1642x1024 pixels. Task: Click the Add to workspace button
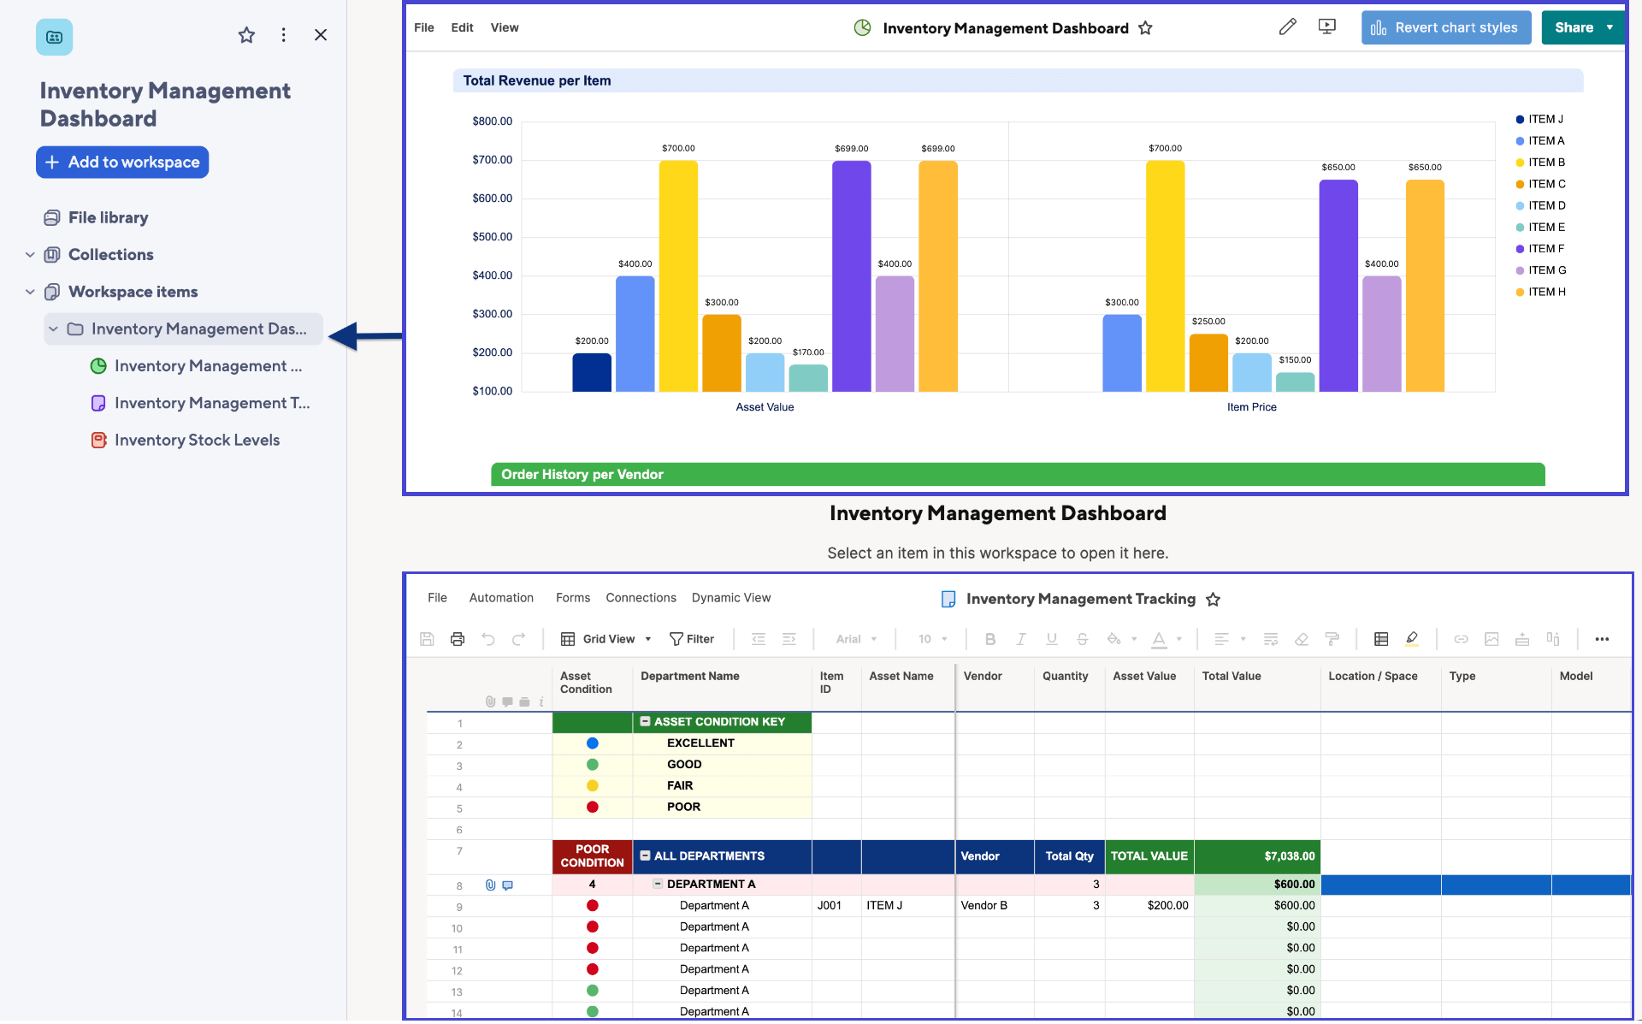coord(122,163)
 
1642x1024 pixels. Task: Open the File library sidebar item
coord(108,218)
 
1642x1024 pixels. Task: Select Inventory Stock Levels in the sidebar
coord(197,441)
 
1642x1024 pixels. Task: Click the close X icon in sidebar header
coord(321,35)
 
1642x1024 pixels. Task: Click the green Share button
coord(1573,28)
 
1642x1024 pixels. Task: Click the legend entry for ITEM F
coord(1545,249)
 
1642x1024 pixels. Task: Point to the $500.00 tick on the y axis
coord(492,237)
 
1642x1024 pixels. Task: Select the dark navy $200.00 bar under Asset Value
coord(592,373)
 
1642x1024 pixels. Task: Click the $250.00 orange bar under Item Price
coord(1208,364)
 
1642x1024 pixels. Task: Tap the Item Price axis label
coord(1251,407)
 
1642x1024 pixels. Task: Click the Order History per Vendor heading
coord(582,475)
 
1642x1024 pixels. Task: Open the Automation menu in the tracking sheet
coord(501,598)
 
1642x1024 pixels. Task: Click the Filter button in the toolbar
coord(692,639)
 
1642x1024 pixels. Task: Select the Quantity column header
coord(1065,677)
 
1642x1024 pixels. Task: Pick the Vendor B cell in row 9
coord(983,906)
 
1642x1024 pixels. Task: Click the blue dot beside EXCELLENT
coord(593,743)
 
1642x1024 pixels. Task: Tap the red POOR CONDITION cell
coord(592,856)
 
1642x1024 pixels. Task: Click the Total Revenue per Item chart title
coord(537,81)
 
